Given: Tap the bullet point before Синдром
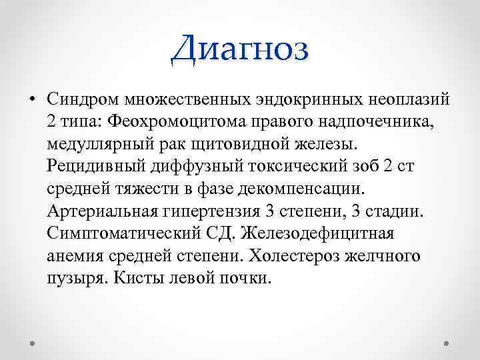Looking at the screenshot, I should [31, 100].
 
